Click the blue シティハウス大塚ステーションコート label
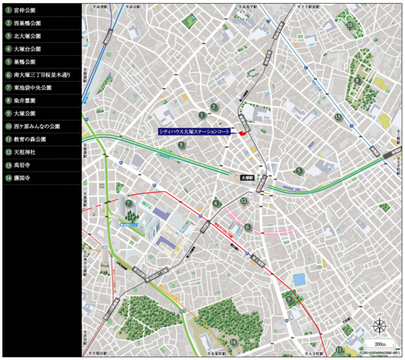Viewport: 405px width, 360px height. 194,131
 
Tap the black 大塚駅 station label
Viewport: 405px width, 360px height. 248,178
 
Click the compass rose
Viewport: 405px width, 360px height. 379,326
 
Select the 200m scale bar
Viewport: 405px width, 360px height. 377,344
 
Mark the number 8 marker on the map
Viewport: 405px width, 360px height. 357,80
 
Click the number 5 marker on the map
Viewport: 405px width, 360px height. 298,170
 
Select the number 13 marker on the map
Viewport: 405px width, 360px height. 338,117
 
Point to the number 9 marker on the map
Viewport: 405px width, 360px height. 290,298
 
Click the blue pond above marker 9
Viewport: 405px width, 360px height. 298,280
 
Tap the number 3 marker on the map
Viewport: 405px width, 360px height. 181,145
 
